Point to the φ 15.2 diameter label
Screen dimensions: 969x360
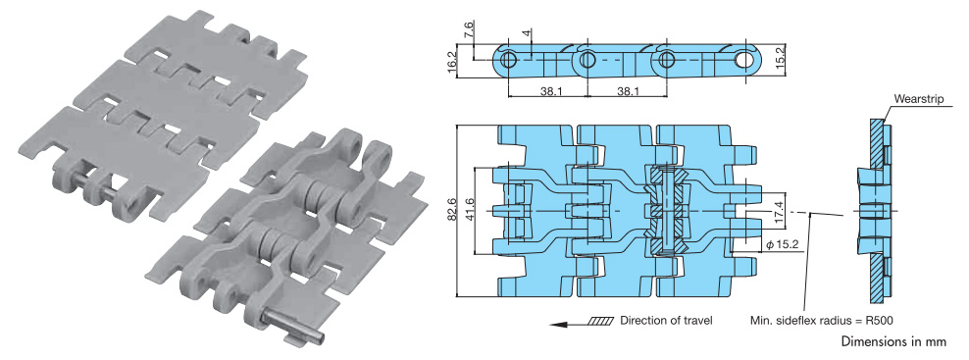[x=783, y=245]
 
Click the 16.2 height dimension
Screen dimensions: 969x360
[x=452, y=63]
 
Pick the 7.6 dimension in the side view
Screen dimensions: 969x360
[x=469, y=29]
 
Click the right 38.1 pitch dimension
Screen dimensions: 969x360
[x=628, y=91]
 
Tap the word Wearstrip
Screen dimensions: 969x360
[x=918, y=99]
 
